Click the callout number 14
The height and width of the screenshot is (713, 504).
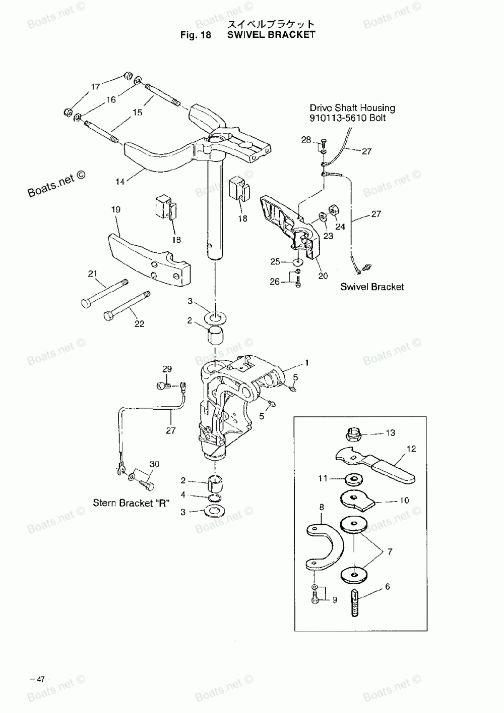coord(120,182)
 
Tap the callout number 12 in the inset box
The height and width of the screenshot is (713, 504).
coord(411,449)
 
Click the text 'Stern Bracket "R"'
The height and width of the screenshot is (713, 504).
coord(131,503)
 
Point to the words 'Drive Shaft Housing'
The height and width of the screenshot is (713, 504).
coord(352,107)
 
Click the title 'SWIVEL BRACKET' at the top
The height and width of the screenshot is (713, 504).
coord(271,35)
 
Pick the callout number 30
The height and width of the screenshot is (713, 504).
coord(154,464)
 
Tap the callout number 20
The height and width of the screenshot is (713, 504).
coord(323,276)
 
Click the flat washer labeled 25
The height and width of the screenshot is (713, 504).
coord(299,262)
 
